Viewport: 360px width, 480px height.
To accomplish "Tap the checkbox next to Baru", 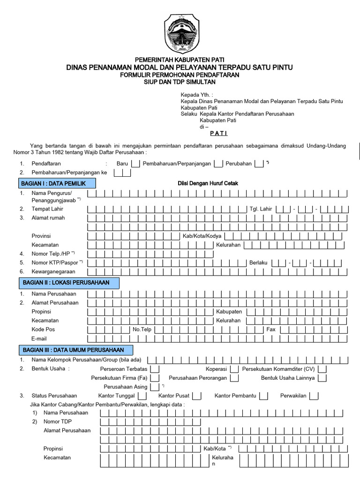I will coord(135,164).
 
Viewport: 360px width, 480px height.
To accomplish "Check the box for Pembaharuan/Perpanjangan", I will coord(218,164).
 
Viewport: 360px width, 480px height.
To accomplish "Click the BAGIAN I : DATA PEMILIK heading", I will coord(57,183).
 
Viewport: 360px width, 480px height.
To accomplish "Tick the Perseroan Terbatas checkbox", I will coord(155,369).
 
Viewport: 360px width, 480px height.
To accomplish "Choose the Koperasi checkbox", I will coord(235,369).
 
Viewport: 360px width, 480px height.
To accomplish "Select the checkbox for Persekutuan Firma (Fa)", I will coord(155,378).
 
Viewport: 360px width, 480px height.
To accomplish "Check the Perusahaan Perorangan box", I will coord(234,378).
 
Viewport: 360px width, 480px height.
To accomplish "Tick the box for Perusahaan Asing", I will coord(155,387).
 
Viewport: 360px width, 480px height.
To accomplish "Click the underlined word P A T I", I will coord(218,133).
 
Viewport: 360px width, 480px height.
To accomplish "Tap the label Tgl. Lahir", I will coord(260,209).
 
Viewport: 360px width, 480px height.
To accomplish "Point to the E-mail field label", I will coord(40,338).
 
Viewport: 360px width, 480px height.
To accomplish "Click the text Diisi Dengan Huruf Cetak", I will coord(208,183).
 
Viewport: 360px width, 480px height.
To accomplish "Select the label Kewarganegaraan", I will coord(53,271).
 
